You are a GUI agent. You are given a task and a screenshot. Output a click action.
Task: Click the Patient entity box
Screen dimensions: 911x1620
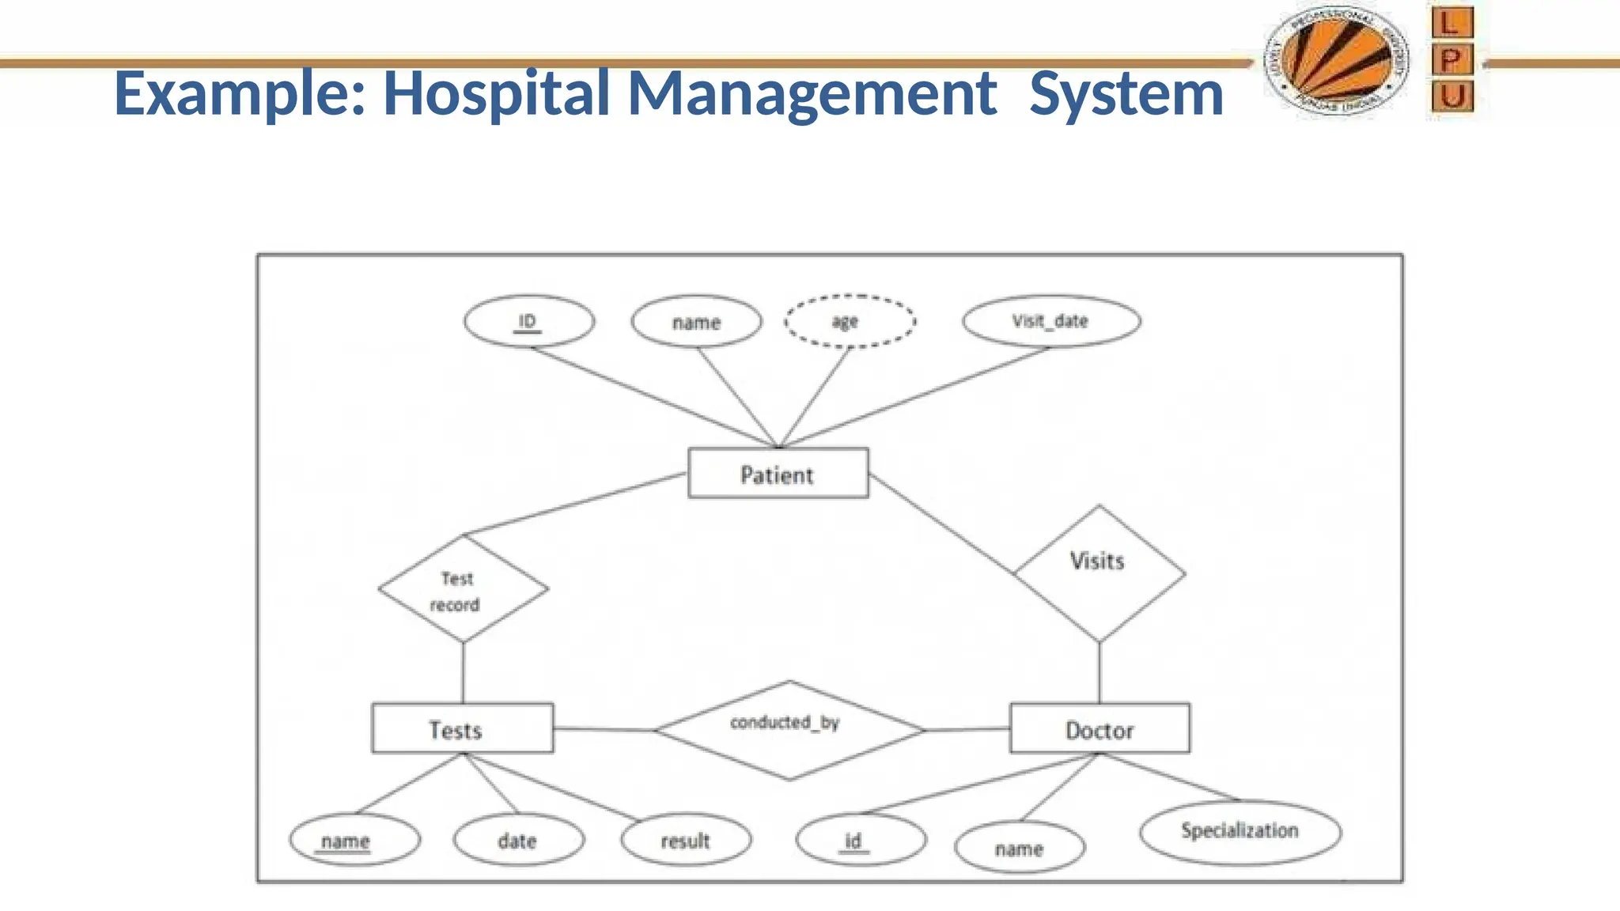pos(778,473)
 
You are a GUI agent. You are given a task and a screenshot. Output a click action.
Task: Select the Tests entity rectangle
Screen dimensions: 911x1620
pos(462,728)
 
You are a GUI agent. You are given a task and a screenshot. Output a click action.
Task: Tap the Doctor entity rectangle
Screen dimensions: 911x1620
pos(1099,728)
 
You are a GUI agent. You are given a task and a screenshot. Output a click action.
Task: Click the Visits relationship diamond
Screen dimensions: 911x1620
pos(1099,573)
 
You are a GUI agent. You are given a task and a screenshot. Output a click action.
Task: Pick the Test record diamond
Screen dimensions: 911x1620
pos(463,589)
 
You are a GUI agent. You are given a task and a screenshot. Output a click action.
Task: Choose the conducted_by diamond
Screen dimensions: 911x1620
pos(789,730)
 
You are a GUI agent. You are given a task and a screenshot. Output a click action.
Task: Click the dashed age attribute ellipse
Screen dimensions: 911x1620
pos(850,321)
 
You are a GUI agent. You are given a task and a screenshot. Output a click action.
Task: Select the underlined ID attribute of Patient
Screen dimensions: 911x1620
pos(528,321)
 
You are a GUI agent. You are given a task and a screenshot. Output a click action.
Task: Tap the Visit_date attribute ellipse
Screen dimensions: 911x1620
pos(1050,321)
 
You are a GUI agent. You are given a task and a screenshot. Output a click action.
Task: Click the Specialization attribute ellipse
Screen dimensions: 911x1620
pos(1240,831)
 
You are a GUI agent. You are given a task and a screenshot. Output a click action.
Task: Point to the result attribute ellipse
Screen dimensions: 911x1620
pos(685,840)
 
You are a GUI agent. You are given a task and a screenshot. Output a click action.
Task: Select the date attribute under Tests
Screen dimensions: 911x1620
pos(518,840)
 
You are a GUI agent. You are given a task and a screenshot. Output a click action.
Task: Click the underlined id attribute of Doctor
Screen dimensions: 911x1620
pos(860,840)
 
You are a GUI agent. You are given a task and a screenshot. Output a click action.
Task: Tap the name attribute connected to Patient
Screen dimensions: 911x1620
pos(696,322)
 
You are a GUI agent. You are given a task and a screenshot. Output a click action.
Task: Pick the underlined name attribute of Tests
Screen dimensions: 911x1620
pos(354,840)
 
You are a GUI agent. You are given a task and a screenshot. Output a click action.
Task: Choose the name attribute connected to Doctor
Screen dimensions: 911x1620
pos(1019,849)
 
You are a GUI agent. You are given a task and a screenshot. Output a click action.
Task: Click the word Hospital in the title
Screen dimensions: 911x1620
pos(496,93)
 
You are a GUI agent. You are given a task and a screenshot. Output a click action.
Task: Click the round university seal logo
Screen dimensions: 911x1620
pos(1336,62)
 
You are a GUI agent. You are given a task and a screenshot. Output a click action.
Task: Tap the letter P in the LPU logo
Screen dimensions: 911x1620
pos(1452,59)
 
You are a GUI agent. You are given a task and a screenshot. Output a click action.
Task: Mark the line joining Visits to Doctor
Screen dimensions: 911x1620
pos(1099,672)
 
